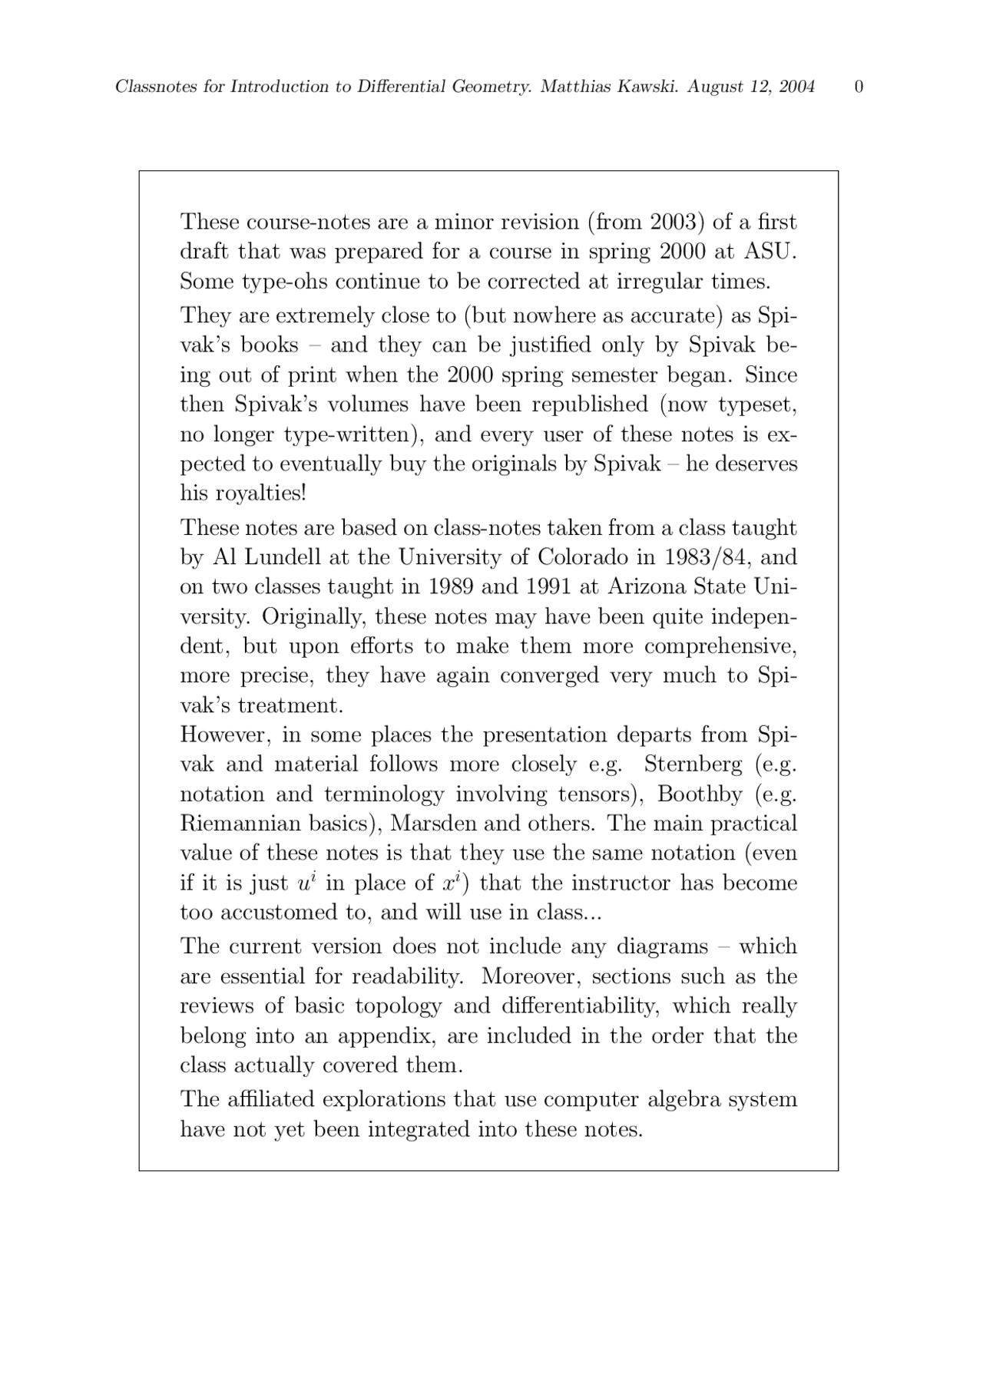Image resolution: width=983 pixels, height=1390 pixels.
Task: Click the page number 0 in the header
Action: click(859, 87)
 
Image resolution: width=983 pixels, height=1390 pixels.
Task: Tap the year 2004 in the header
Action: click(796, 87)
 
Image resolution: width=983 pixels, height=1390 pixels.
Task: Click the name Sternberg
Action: click(693, 764)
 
